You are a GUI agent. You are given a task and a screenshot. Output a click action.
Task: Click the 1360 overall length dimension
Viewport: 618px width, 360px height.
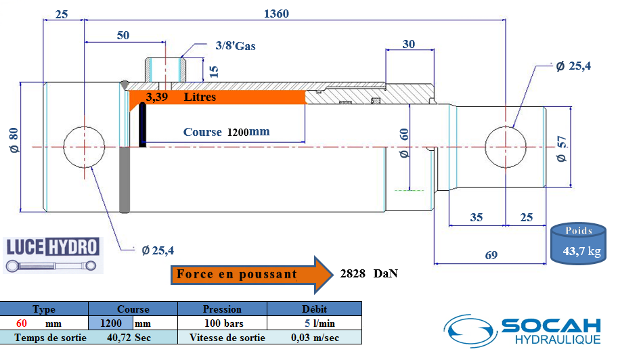pos(277,13)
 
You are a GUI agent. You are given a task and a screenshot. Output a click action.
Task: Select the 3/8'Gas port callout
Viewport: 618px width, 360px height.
pos(235,46)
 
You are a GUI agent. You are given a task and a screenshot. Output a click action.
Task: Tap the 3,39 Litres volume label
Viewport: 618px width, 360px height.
pos(181,97)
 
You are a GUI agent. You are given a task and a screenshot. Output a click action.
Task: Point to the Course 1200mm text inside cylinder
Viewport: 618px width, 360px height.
pos(226,132)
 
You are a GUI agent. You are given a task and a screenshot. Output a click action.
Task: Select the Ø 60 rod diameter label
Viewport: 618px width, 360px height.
pos(404,143)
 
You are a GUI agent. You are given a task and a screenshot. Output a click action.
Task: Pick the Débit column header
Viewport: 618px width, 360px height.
pos(313,309)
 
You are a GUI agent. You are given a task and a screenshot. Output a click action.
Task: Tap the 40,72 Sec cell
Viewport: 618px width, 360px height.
pos(132,337)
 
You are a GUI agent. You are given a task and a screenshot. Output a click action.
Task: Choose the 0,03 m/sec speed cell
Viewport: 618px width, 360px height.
pos(315,337)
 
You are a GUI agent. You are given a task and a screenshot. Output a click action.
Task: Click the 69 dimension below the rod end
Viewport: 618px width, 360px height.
pos(491,255)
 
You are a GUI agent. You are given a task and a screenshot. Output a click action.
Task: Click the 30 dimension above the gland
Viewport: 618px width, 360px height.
pos(408,45)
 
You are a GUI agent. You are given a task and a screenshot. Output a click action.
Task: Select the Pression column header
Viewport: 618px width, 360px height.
pos(222,309)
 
